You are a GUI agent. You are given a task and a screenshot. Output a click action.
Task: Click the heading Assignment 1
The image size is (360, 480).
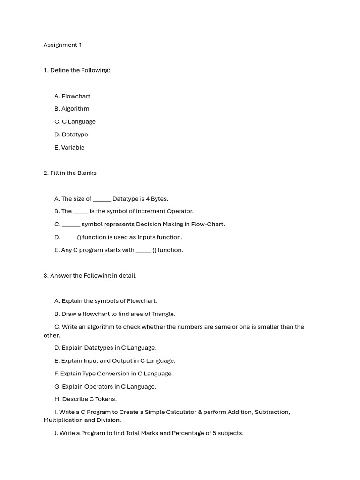coord(62,45)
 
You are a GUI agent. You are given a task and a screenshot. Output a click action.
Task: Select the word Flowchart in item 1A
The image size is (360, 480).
coord(75,96)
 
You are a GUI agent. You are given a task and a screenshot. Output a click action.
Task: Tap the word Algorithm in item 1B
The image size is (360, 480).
coord(75,109)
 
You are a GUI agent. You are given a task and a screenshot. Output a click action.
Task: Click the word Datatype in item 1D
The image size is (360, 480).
coord(75,135)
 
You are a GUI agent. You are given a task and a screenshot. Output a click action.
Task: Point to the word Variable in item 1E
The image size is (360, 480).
coord(73,147)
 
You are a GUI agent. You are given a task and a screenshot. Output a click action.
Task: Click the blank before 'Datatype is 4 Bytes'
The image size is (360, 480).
coord(102,199)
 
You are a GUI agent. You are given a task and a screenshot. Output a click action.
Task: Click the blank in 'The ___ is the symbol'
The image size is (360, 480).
coord(81,212)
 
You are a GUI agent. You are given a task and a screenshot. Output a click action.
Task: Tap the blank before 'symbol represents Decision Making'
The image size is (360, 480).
coord(71,225)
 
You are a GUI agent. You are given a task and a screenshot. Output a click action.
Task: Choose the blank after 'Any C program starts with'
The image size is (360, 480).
coord(143,251)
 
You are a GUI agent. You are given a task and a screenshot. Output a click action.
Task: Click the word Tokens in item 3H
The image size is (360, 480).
coord(106,399)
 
